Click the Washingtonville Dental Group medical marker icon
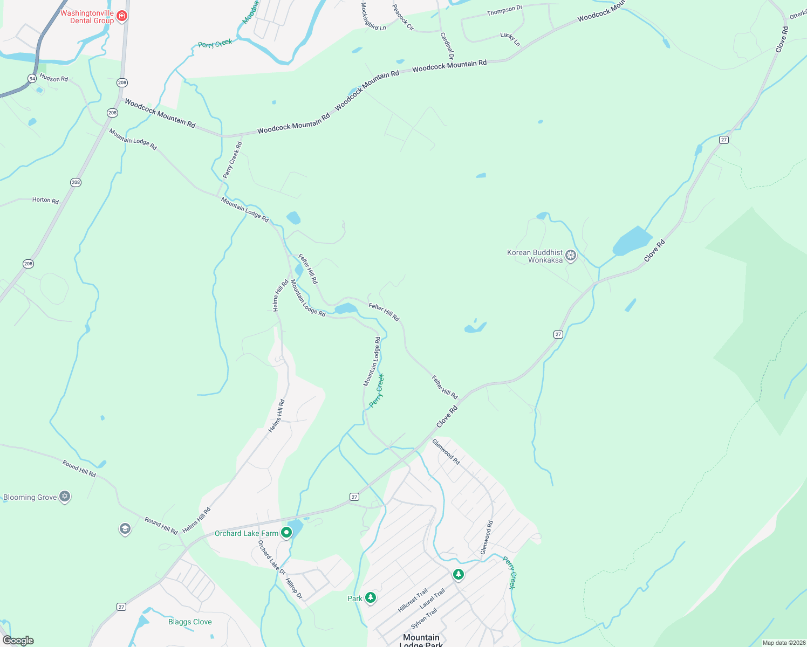point(122,16)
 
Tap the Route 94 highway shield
point(32,79)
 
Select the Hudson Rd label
point(54,78)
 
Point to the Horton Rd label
point(45,200)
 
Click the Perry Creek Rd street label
point(232,160)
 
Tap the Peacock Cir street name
point(402,17)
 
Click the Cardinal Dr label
point(447,46)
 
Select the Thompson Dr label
point(504,10)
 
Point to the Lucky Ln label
point(510,39)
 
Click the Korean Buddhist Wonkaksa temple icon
point(571,256)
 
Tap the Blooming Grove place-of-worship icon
point(65,497)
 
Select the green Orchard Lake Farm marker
point(286,533)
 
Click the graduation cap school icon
point(125,529)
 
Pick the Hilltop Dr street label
point(293,589)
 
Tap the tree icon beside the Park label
point(370,598)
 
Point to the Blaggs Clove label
point(190,622)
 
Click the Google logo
point(18,641)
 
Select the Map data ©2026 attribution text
point(783,643)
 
